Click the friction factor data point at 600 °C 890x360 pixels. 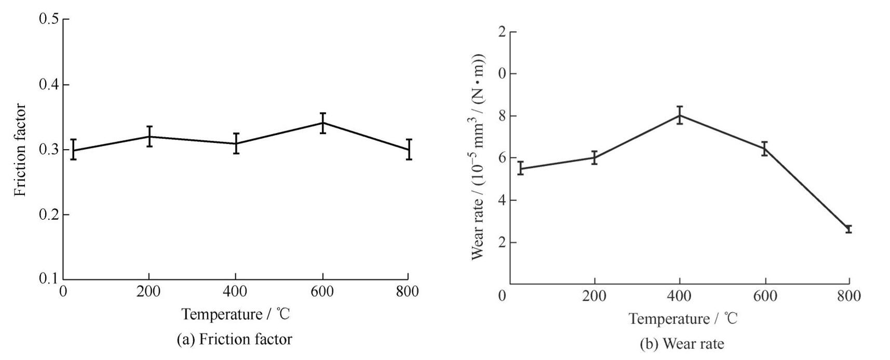pos(322,123)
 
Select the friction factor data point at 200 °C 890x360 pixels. pos(150,137)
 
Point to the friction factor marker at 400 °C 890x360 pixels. pos(236,143)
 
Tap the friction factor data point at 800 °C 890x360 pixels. pos(409,150)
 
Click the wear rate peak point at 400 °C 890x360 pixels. pos(679,115)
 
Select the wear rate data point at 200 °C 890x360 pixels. pos(595,157)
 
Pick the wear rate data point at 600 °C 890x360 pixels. pos(764,149)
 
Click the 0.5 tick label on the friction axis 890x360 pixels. pos(49,20)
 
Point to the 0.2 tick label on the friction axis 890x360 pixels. pos(49,215)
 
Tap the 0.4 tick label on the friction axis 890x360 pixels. pos(49,85)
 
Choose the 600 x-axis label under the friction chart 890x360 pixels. pos(322,292)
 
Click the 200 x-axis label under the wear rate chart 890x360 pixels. pos(595,296)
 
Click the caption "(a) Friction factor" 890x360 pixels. pos(235,340)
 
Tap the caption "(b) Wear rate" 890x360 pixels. pos(682,344)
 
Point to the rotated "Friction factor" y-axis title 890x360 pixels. pos(20,150)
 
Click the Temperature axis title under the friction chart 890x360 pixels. pos(235,314)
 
